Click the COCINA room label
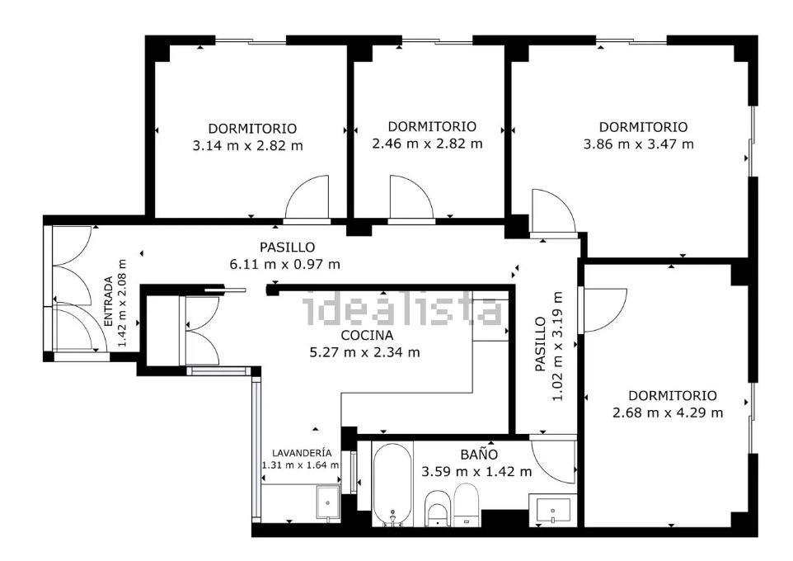point(367,335)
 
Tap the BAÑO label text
point(478,455)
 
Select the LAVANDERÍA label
point(302,453)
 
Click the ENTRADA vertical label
point(108,301)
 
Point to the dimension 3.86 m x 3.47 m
point(638,144)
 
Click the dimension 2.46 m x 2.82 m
point(427,144)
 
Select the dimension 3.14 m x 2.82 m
point(248,146)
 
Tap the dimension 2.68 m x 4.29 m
point(668,412)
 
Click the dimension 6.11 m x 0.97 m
point(284,264)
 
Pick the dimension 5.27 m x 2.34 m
point(364,352)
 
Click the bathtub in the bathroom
point(392,485)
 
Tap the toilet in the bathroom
point(466,504)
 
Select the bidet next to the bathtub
point(438,508)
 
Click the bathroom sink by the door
point(553,511)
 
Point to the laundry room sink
point(328,502)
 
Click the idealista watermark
point(403,310)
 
